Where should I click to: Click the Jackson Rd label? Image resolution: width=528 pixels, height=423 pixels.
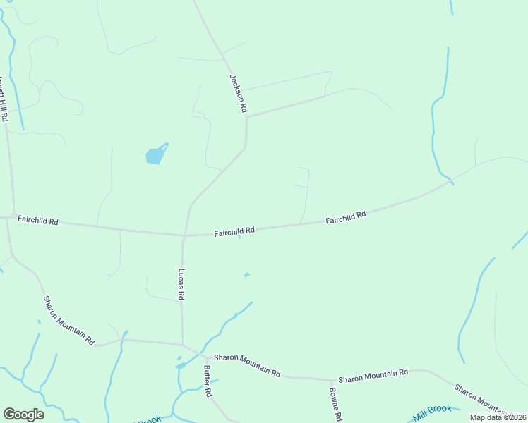[x=239, y=94]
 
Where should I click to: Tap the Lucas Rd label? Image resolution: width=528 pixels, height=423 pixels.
[x=181, y=285]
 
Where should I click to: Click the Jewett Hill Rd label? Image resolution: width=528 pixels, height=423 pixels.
[x=4, y=99]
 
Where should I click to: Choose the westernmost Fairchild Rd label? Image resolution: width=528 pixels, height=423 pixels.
[x=38, y=221]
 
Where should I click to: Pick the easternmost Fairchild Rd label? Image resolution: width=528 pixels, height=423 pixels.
[x=346, y=217]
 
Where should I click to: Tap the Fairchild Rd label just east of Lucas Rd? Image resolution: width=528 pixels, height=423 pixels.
[x=234, y=231]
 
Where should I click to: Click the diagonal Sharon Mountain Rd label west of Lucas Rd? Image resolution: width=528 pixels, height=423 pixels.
[x=68, y=320]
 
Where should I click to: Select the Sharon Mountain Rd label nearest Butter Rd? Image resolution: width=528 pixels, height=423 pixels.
[x=247, y=365]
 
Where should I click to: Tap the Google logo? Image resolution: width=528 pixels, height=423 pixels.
[x=23, y=415]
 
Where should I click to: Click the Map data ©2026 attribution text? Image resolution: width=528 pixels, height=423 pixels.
[x=497, y=417]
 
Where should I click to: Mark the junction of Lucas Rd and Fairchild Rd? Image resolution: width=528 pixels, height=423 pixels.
[x=184, y=235]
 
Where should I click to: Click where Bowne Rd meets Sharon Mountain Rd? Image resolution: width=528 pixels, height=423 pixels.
[x=332, y=379]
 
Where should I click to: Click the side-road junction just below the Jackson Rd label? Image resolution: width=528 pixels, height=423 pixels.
[x=246, y=117]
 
